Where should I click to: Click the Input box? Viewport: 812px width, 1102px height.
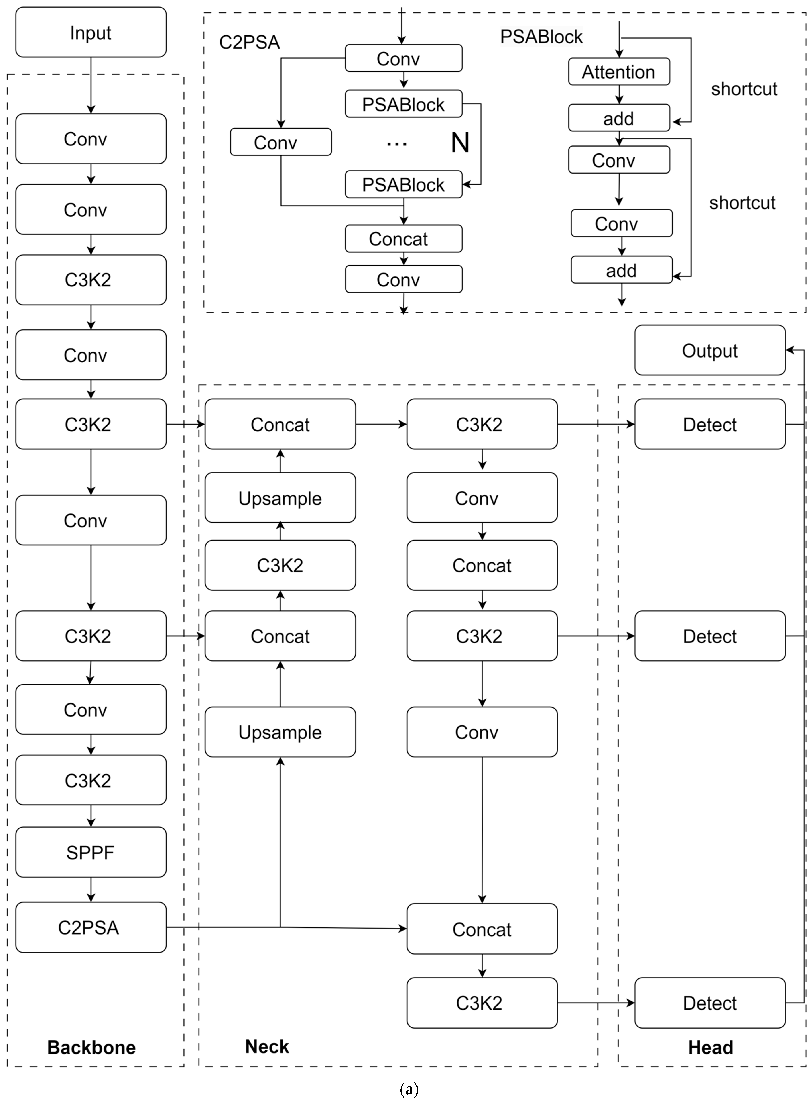pyautogui.click(x=91, y=33)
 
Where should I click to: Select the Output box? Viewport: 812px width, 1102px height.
pyautogui.click(x=710, y=350)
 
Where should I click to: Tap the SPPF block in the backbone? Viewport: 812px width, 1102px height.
pyautogui.click(x=91, y=852)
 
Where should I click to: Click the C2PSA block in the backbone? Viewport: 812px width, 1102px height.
pyautogui.click(x=91, y=927)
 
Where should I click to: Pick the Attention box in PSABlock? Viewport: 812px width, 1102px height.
pyautogui.click(x=619, y=72)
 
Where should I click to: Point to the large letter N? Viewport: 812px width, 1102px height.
pyautogui.click(x=460, y=143)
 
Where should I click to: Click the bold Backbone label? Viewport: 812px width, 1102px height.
pyautogui.click(x=91, y=1047)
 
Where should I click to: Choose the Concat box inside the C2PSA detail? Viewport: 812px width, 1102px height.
pyautogui.click(x=403, y=239)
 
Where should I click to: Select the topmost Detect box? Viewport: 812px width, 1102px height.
pyautogui.click(x=710, y=424)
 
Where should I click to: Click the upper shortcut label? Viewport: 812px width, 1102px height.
pyautogui.click(x=744, y=89)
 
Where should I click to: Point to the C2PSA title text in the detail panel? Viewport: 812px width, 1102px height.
pyautogui.click(x=249, y=42)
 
